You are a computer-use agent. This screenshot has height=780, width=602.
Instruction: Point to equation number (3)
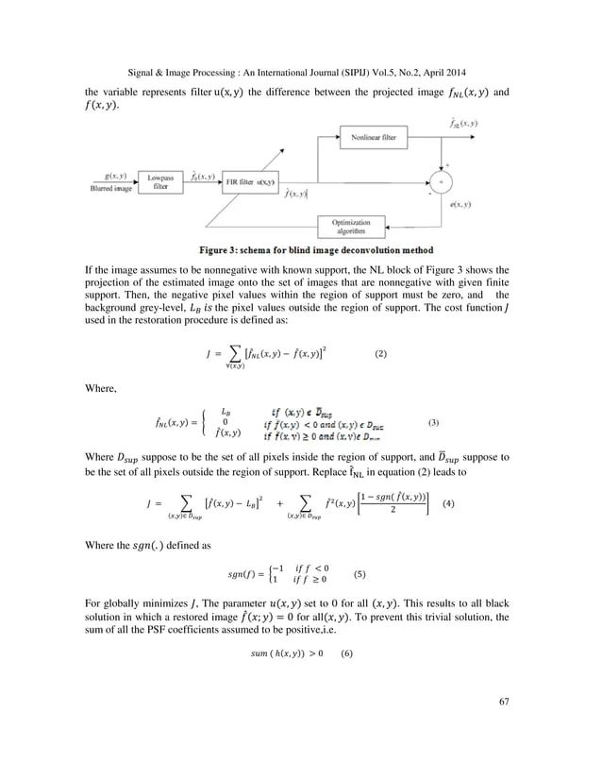pos(434,420)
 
